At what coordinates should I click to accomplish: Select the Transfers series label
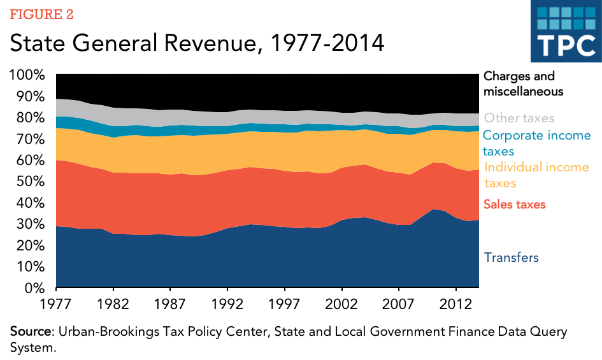(x=512, y=257)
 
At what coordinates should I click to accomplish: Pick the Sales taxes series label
(x=515, y=204)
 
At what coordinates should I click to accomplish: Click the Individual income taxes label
(x=537, y=175)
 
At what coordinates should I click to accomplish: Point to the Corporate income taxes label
(x=537, y=143)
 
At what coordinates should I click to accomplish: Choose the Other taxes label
(x=519, y=118)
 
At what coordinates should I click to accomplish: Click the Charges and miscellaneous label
(x=524, y=83)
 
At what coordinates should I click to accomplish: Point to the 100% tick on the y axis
(x=27, y=75)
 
